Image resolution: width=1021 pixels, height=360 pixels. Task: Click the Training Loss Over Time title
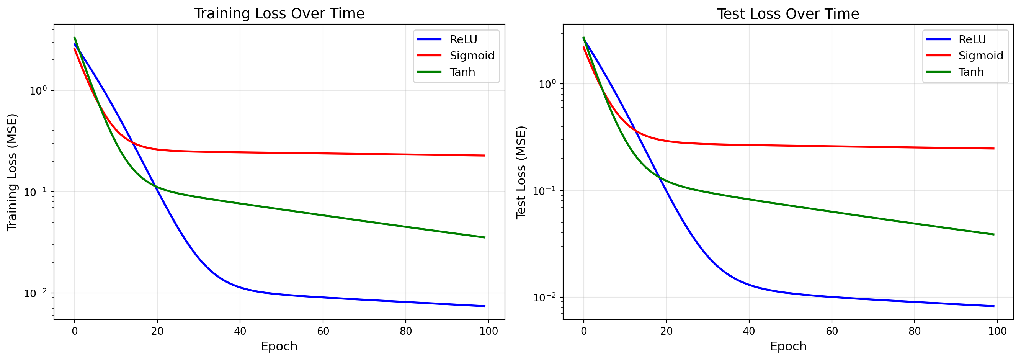279,14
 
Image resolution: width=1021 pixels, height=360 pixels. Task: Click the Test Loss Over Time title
788,14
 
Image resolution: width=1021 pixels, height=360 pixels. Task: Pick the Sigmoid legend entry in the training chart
472,56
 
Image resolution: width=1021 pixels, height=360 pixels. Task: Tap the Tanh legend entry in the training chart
462,72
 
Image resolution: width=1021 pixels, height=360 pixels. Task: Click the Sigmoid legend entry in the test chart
980,56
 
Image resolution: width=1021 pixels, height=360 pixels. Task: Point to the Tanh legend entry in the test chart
971,72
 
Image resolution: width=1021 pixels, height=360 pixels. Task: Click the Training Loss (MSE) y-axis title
12,172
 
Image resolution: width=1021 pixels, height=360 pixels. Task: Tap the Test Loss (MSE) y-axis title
521,172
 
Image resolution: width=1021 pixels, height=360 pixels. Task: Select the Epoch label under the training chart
279,347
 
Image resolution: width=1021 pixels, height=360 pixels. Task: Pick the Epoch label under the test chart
788,347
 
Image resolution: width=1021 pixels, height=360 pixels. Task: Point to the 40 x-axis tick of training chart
240,331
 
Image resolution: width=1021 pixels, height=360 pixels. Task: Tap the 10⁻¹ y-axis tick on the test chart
544,191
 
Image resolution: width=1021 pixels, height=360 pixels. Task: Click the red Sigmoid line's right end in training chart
485,155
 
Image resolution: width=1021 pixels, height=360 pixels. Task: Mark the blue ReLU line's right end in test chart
994,306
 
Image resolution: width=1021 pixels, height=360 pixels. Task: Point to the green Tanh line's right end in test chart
994,234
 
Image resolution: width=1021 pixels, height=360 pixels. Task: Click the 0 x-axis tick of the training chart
75,331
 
